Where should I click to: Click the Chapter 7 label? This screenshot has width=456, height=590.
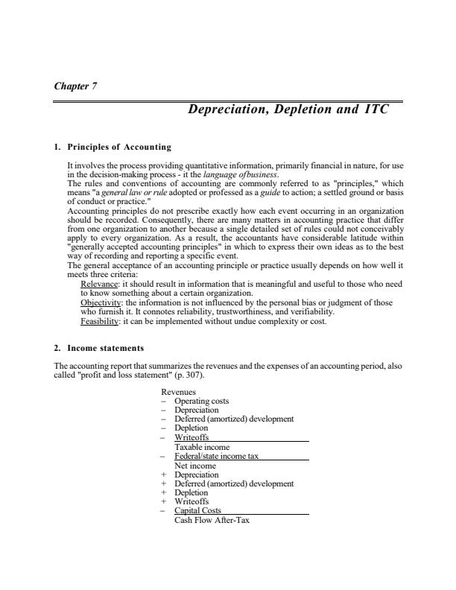tap(76, 86)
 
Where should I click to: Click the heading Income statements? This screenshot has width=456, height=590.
tap(105, 348)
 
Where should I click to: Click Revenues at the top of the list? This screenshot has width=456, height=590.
tap(177, 392)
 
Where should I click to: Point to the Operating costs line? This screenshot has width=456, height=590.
tap(201, 401)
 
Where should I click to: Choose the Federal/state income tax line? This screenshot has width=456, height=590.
tap(216, 456)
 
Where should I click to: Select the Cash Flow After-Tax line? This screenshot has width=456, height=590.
tap(212, 520)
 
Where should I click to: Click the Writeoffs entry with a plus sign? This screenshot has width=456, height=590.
tap(191, 501)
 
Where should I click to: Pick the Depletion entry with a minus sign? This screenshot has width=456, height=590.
tap(191, 428)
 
